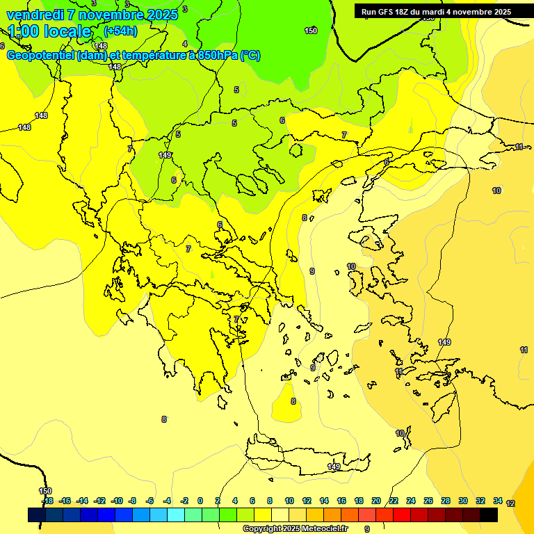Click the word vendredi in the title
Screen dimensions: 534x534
[x=32, y=15]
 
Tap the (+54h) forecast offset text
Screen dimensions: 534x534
[x=120, y=31]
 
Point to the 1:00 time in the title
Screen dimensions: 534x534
[x=23, y=31]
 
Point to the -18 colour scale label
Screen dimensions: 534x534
[x=47, y=501]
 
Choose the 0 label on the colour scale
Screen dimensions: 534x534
[x=200, y=501]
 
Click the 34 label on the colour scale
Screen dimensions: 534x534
[x=498, y=501]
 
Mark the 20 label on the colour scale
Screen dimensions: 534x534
[x=376, y=501]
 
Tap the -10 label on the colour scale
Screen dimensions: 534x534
[x=117, y=501]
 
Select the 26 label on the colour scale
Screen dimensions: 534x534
[x=428, y=501]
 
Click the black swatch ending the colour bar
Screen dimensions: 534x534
[x=489, y=515]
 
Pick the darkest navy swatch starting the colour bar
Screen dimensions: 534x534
[x=37, y=515]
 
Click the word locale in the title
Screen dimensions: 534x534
[x=67, y=31]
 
